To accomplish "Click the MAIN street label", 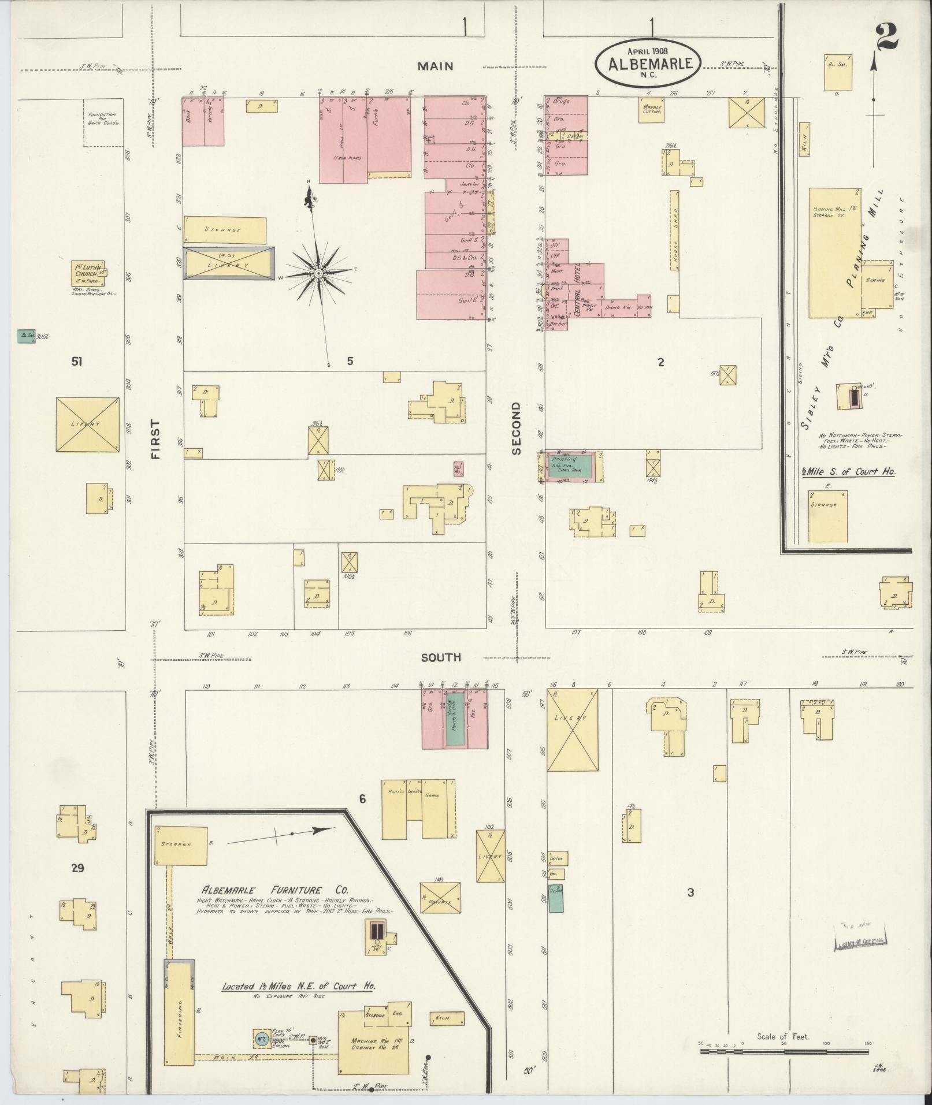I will pos(437,66).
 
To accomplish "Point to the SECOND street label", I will pos(516,428).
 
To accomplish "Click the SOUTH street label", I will pos(440,657).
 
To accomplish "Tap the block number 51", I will pos(76,362).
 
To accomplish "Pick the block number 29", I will pos(77,868).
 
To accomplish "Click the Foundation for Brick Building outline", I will pos(103,122).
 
